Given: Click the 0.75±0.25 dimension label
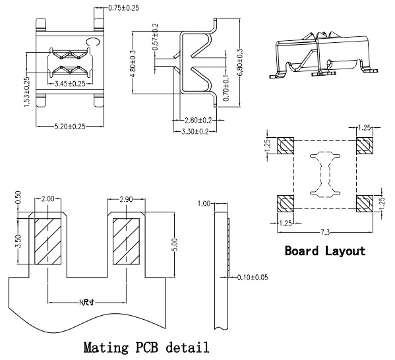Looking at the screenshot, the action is click(124, 8).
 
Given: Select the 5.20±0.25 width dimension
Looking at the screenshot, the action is click(70, 126).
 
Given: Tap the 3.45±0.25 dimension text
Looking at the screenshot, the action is click(70, 84).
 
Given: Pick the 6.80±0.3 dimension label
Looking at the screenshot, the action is click(239, 63).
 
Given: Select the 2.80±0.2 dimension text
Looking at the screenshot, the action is click(198, 121).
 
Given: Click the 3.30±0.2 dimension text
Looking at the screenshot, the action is click(195, 131).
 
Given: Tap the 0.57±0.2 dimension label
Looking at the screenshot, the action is click(155, 37).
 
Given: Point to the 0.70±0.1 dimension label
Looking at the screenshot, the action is click(226, 88).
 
